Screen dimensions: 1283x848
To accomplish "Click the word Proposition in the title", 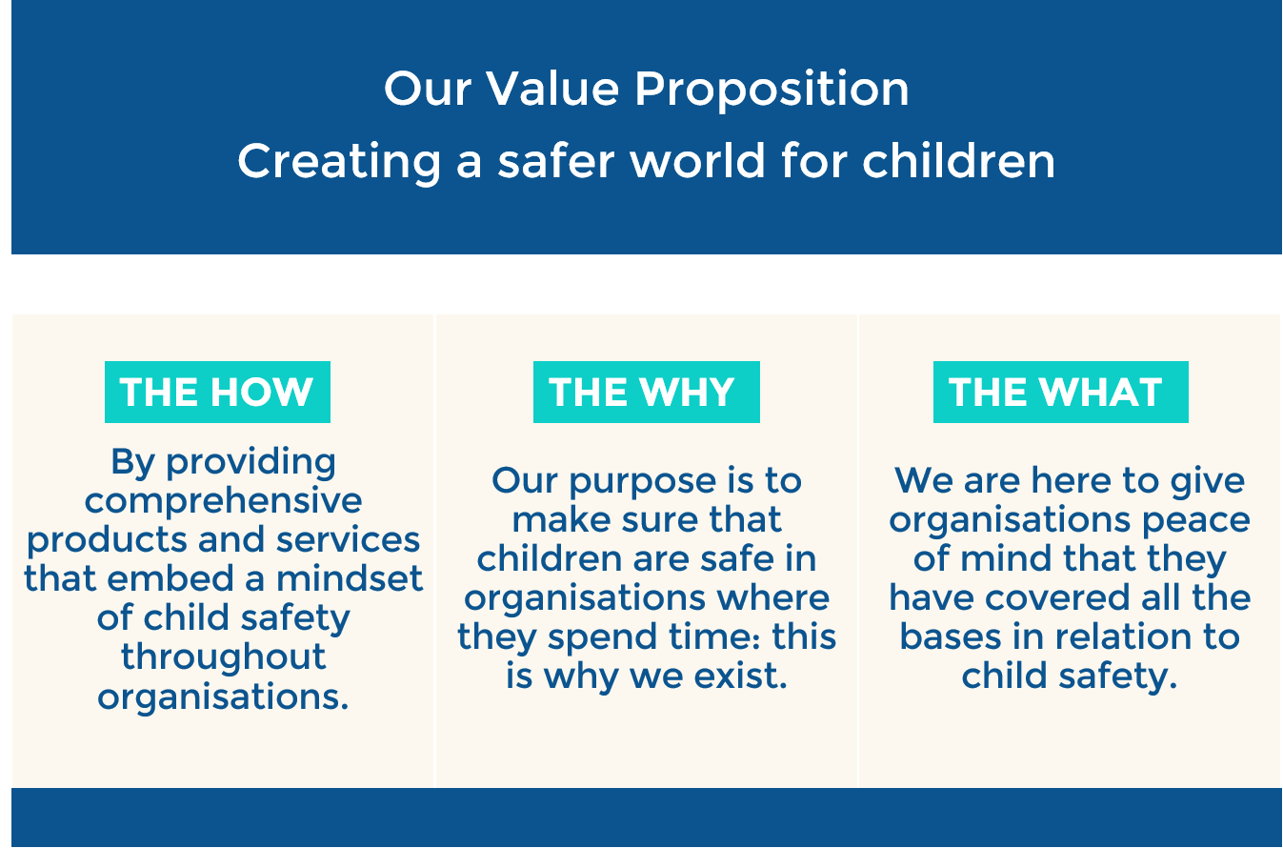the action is [772, 91].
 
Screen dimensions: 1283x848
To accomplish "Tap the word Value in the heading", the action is [552, 89].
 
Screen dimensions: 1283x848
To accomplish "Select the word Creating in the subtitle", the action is [339, 163].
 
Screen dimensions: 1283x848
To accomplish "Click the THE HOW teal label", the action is [217, 392].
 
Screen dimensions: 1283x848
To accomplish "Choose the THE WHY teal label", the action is [646, 392].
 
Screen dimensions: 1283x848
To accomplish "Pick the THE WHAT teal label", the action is [1061, 392].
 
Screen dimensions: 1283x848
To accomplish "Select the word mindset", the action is [350, 578].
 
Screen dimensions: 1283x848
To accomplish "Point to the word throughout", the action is [224, 656].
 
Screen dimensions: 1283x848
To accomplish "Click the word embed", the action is [170, 578].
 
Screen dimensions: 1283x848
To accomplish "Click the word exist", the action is [741, 676].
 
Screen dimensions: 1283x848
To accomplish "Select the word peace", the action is [1196, 521].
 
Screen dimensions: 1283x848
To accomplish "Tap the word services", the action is [349, 539].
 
